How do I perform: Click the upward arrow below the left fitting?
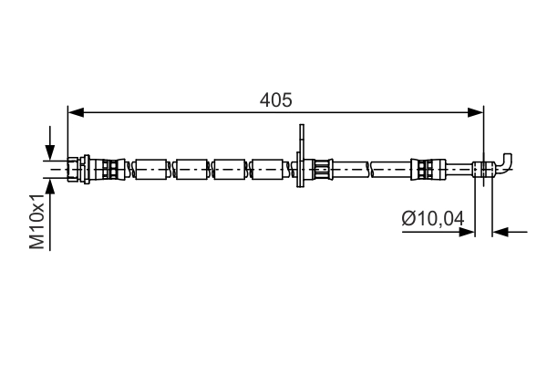(50, 188)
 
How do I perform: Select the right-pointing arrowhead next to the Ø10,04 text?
(468, 232)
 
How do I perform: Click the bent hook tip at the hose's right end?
(509, 160)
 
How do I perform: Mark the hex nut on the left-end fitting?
(84, 168)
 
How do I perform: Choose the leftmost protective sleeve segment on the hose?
(152, 168)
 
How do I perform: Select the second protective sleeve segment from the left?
(192, 168)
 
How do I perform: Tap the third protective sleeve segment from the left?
(231, 168)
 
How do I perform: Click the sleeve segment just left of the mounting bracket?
(269, 168)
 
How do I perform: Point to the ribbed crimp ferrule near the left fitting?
(110, 168)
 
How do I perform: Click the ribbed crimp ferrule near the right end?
(424, 168)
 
